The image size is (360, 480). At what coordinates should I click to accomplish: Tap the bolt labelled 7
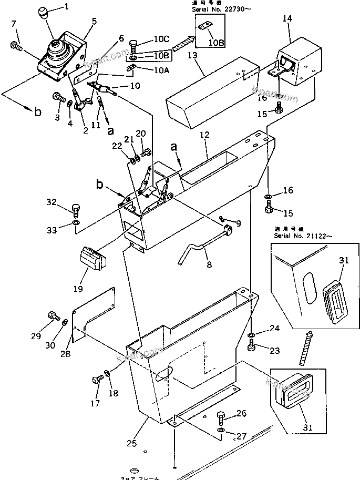pyautogui.click(x=15, y=47)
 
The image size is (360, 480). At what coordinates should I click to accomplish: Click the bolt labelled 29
pyautogui.click(x=52, y=316)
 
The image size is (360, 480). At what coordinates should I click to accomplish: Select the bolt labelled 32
pyautogui.click(x=76, y=211)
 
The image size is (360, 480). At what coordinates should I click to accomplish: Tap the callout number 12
pyautogui.click(x=204, y=135)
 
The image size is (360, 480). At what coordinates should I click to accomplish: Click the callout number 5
pyautogui.click(x=94, y=21)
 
